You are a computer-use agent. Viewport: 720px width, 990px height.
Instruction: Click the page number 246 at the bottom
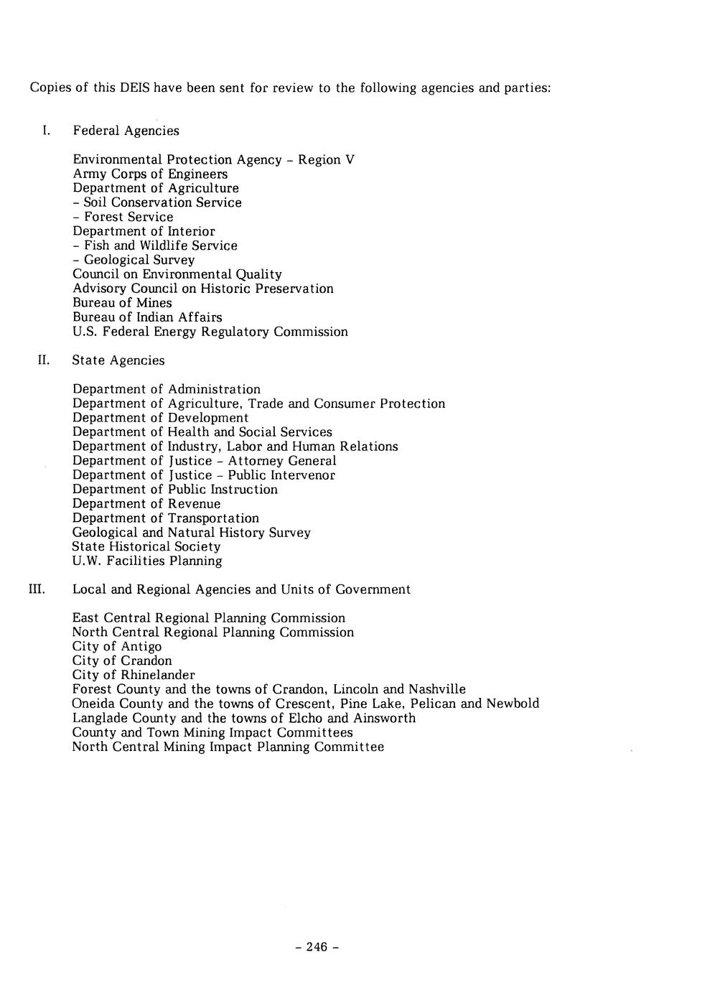point(317,947)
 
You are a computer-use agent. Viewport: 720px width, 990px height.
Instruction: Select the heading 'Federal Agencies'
point(126,131)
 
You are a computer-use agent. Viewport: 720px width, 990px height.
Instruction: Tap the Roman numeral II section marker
point(44,360)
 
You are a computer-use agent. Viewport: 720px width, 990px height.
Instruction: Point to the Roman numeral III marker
point(37,589)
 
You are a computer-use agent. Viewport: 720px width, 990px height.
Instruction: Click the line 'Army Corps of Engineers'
point(150,174)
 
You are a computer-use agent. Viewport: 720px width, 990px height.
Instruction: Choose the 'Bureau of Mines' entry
point(122,303)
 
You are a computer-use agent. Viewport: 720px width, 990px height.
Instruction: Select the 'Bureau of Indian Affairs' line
point(147,317)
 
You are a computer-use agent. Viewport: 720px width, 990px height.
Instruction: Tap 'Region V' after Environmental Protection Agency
point(326,159)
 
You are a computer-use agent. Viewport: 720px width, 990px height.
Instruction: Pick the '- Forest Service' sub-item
point(123,217)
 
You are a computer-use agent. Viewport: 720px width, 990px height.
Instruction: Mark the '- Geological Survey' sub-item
point(134,260)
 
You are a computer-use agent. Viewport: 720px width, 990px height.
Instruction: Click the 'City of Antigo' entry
point(116,646)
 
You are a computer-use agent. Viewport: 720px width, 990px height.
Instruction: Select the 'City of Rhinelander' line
point(133,675)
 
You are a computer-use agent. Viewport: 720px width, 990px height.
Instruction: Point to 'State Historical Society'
point(146,546)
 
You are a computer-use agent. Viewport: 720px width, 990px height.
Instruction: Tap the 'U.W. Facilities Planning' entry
point(147,561)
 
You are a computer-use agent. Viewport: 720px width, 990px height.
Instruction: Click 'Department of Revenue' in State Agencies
point(146,504)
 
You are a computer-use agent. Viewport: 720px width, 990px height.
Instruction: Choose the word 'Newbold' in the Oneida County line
point(513,704)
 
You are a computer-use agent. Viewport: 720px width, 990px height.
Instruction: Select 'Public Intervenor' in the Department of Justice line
point(281,475)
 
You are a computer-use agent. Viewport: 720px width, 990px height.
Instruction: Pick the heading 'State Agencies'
point(118,360)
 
